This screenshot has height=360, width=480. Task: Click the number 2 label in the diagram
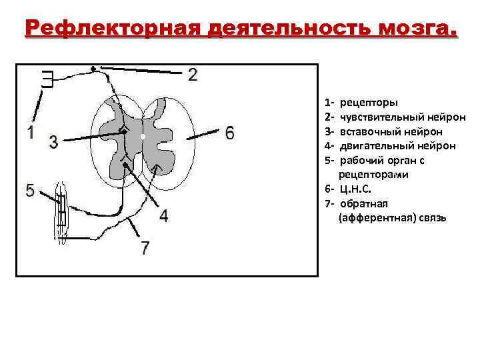pos(192,74)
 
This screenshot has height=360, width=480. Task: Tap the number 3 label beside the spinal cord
pos(53,141)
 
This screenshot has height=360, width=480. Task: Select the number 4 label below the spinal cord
pos(163,215)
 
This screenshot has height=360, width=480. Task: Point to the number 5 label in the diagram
pos(30,191)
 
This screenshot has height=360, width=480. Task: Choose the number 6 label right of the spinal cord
pos(229,133)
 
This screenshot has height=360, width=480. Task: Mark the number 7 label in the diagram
pos(145,248)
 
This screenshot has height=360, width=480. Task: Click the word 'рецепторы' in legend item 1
pos(369,103)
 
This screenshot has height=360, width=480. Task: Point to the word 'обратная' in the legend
pos(363,203)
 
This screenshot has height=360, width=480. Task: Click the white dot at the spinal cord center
pos(143,137)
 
